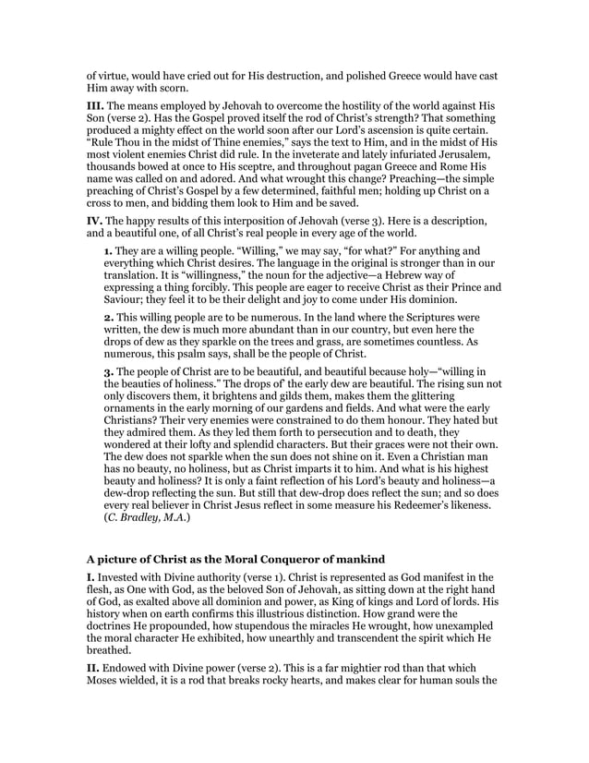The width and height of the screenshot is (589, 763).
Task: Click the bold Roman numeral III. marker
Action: tap(94, 108)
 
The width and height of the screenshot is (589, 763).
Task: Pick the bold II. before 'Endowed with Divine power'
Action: tap(92, 685)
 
